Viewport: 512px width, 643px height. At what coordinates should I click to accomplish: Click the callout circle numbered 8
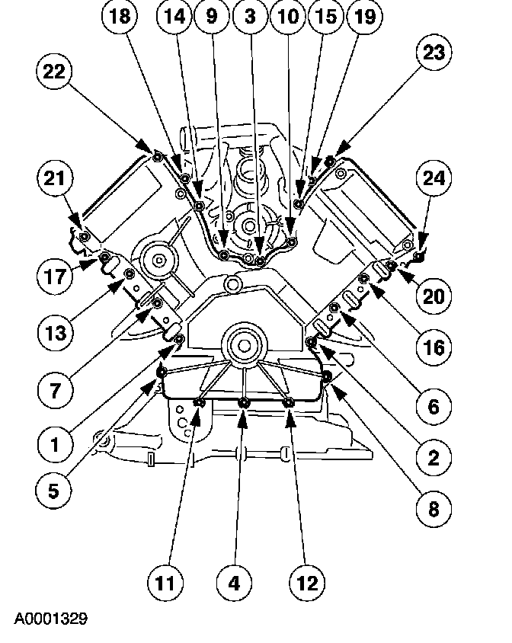click(433, 507)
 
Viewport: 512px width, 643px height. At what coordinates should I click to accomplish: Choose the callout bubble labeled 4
click(235, 584)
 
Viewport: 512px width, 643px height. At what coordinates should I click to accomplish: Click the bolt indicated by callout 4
click(244, 403)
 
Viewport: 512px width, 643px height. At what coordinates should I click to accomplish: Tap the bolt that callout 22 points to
click(156, 157)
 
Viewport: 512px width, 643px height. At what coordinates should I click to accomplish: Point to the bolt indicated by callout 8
click(326, 378)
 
